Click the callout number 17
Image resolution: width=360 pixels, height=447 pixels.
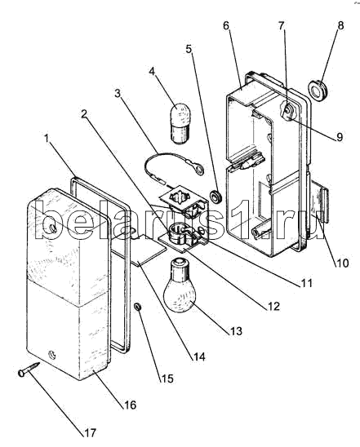[90, 433]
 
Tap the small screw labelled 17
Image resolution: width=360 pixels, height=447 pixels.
[29, 369]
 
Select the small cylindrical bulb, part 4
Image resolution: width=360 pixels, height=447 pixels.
[181, 123]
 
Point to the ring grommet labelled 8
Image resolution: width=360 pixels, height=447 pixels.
[318, 90]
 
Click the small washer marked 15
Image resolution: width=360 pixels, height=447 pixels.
[138, 307]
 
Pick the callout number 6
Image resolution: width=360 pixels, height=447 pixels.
[226, 25]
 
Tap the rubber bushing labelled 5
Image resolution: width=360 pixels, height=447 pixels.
[216, 197]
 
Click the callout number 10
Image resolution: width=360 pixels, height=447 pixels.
[342, 263]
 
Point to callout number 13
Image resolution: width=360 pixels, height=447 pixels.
[235, 331]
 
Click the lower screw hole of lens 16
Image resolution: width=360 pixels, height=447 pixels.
[52, 355]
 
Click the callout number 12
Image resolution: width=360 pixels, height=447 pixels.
[273, 306]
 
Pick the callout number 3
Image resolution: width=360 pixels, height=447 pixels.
[118, 93]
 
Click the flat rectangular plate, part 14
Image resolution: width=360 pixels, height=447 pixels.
[149, 250]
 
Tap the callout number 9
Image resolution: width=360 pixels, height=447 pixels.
[339, 137]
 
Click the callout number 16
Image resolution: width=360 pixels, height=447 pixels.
[130, 405]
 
